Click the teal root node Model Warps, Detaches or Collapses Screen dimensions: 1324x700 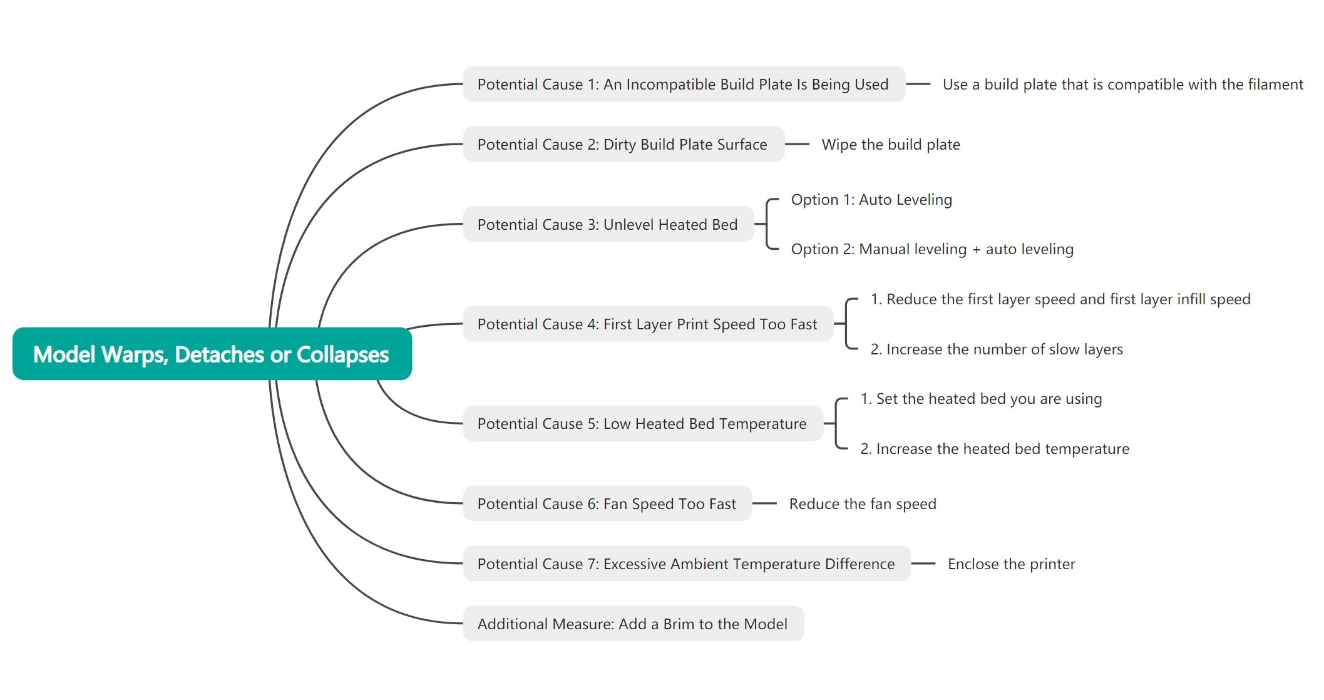pyautogui.click(x=212, y=354)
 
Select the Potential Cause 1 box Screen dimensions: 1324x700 pyautogui.click(x=684, y=84)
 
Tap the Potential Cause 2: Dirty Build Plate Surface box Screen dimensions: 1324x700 pyautogui.click(x=624, y=144)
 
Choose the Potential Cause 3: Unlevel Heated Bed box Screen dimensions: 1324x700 pyautogui.click(x=608, y=224)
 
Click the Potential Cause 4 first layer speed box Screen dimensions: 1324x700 pyautogui.click(x=648, y=324)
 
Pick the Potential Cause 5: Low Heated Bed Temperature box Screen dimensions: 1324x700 pyautogui.click(x=643, y=423)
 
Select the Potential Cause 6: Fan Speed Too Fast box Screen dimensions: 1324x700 pyautogui.click(x=607, y=503)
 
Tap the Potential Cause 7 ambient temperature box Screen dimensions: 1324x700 pyautogui.click(x=687, y=564)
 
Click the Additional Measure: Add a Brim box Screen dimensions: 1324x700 pyautogui.click(x=634, y=624)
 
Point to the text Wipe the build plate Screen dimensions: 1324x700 pyautogui.click(x=891, y=145)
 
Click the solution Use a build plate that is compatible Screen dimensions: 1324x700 pyautogui.click(x=1123, y=85)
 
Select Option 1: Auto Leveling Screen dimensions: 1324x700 pyautogui.click(x=871, y=200)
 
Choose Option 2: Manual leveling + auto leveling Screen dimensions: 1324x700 pyautogui.click(x=932, y=249)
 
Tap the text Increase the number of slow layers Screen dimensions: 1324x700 pyautogui.click(x=997, y=349)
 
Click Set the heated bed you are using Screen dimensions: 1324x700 pyautogui.click(x=981, y=399)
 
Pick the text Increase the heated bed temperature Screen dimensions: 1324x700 pyautogui.click(x=995, y=449)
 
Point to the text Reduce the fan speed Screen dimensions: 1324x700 pyautogui.click(x=863, y=504)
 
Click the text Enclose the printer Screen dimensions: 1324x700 pyautogui.click(x=1012, y=564)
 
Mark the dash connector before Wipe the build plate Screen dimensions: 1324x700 pyautogui.click(x=797, y=144)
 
